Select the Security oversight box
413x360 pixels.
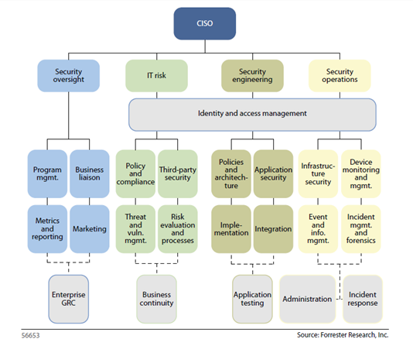tap(69, 76)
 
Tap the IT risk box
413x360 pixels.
tap(156, 76)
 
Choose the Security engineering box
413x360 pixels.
tap(252, 76)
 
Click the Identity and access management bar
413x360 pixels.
tap(252, 114)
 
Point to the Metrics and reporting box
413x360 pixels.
tap(47, 229)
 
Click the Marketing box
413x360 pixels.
tap(90, 229)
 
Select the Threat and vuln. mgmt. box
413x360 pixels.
tap(135, 229)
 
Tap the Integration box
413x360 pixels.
tap(274, 229)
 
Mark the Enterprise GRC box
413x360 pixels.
tap(68, 299)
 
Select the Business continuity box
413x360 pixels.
tap(156, 299)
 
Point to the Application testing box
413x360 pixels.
tap(252, 298)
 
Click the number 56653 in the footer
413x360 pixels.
tap(29, 337)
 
